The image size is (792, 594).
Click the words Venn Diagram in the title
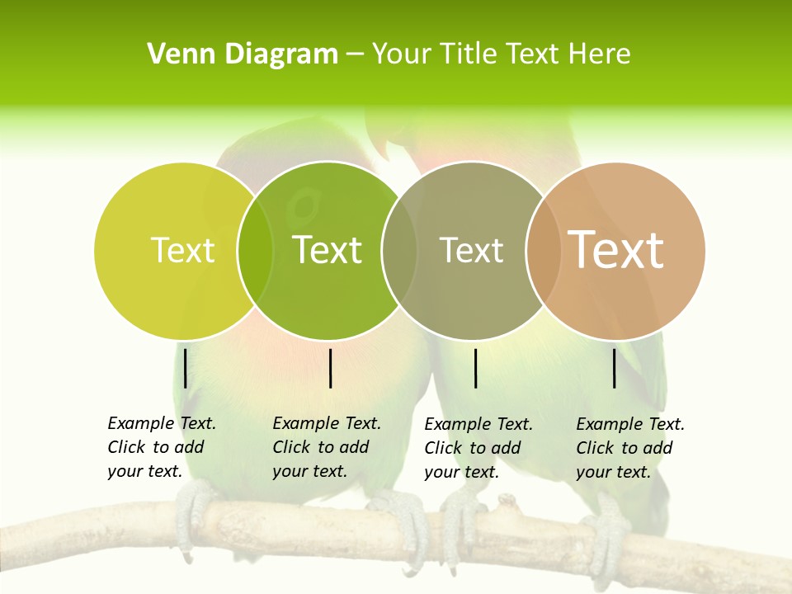coord(243,54)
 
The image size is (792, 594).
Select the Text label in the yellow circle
coord(182,250)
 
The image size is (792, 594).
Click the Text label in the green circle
coord(328,250)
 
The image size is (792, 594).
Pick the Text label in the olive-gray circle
coord(471,250)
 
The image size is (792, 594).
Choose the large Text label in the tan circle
coord(616,250)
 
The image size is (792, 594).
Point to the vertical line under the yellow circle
coord(186,368)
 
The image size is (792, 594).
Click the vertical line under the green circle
coord(330,368)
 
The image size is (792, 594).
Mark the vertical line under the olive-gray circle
coord(475,368)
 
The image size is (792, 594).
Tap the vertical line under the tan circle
coord(615,368)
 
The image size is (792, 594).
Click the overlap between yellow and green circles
coord(255,250)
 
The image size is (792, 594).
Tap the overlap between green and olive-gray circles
coord(399,250)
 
